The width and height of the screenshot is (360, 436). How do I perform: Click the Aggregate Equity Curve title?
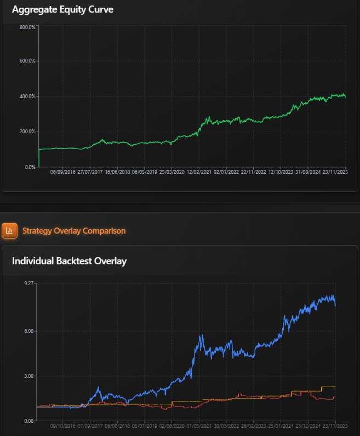click(x=62, y=9)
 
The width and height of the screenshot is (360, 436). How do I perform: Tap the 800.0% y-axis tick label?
click(x=27, y=27)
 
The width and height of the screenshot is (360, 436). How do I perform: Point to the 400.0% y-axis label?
click(x=27, y=96)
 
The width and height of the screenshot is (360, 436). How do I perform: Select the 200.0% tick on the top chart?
click(x=27, y=132)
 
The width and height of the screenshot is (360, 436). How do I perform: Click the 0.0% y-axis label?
click(x=30, y=167)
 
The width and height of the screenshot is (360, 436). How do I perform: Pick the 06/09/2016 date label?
click(x=63, y=172)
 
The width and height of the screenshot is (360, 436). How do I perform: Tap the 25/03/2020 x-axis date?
click(x=172, y=172)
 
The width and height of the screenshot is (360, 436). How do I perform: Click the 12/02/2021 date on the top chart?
click(x=199, y=172)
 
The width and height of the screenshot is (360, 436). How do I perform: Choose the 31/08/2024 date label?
click(x=308, y=172)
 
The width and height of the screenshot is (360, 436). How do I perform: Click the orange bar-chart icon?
click(x=9, y=231)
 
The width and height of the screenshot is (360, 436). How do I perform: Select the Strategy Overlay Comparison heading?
click(x=74, y=231)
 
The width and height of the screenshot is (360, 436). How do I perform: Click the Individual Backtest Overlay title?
click(x=69, y=261)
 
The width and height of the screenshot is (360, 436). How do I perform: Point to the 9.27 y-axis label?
click(x=29, y=284)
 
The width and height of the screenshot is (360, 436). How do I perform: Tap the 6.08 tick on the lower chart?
click(x=29, y=331)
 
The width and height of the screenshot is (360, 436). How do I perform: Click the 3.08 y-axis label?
click(x=29, y=376)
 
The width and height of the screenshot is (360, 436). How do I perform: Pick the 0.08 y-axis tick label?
click(x=29, y=421)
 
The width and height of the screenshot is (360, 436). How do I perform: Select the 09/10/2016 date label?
click(x=63, y=426)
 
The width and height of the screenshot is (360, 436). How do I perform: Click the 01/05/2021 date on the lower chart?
click(x=199, y=426)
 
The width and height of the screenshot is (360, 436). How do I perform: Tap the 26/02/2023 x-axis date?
click(x=253, y=426)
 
